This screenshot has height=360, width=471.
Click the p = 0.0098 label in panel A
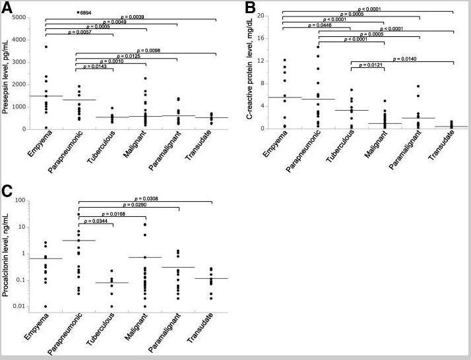point(147,49)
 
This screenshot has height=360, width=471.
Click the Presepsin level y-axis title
point(7,76)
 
